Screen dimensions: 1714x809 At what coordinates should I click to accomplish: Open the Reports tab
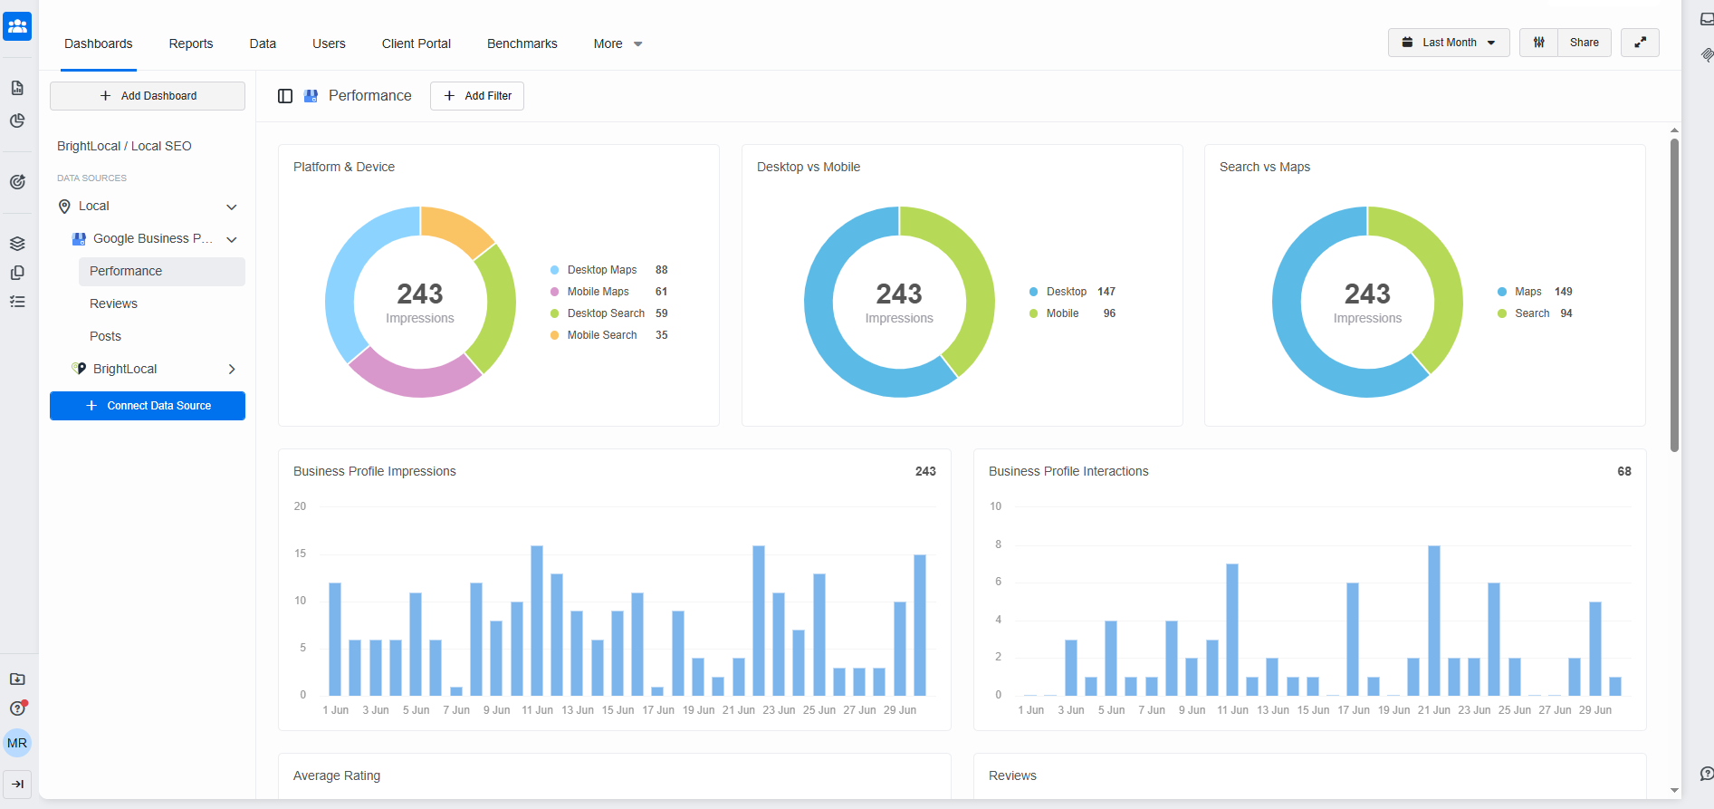pyautogui.click(x=191, y=43)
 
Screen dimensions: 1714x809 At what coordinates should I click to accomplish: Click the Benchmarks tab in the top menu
pyautogui.click(x=522, y=43)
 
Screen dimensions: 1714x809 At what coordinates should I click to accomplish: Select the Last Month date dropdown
pyautogui.click(x=1448, y=43)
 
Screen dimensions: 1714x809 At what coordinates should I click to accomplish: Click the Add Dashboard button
pyautogui.click(x=148, y=96)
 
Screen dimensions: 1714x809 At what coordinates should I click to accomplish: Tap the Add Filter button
pyautogui.click(x=477, y=96)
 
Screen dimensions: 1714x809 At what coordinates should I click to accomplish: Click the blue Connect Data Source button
pyautogui.click(x=148, y=406)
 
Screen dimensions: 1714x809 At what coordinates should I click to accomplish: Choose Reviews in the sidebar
pyautogui.click(x=113, y=303)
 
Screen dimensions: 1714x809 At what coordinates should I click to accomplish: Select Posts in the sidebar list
pyautogui.click(x=105, y=336)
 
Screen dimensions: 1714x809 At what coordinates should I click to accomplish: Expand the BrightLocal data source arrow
pyautogui.click(x=232, y=369)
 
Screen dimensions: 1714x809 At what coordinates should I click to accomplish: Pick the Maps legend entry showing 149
pyautogui.click(x=1535, y=292)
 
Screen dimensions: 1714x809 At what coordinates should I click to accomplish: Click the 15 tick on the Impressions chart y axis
pyautogui.click(x=300, y=554)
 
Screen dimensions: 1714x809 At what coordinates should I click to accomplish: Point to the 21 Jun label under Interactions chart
pyautogui.click(x=1434, y=710)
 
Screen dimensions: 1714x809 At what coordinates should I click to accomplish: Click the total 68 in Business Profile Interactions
pyautogui.click(x=1624, y=471)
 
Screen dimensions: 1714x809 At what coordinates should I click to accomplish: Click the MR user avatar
pyautogui.click(x=17, y=744)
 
